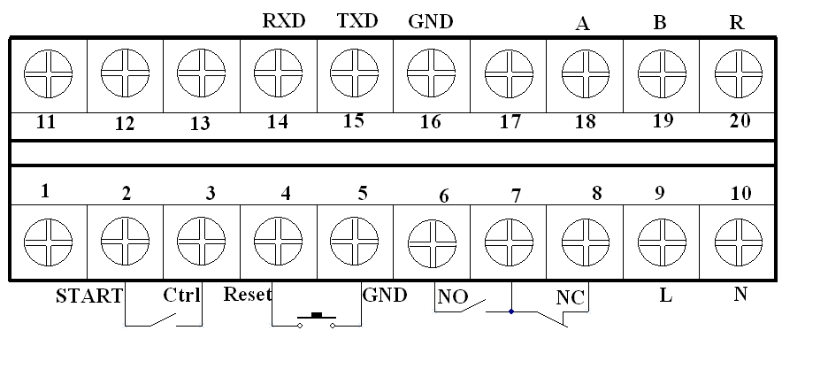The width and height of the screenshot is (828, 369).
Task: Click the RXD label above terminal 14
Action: click(285, 21)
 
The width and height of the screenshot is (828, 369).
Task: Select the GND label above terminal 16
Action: click(431, 21)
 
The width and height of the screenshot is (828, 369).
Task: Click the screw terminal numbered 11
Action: click(48, 73)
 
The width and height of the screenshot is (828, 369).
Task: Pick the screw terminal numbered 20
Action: click(737, 73)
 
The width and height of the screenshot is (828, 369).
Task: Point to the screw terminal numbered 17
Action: click(507, 73)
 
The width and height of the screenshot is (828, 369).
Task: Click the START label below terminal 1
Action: click(88, 296)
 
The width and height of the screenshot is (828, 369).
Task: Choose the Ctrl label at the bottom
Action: click(181, 295)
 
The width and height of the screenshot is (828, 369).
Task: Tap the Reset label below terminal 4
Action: click(248, 294)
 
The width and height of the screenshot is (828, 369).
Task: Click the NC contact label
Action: click(571, 296)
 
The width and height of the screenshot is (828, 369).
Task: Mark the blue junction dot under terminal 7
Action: click(511, 311)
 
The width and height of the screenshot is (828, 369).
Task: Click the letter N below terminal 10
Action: click(740, 294)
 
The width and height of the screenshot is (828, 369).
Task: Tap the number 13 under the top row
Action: click(201, 123)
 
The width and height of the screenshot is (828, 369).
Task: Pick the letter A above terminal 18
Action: click(582, 24)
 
